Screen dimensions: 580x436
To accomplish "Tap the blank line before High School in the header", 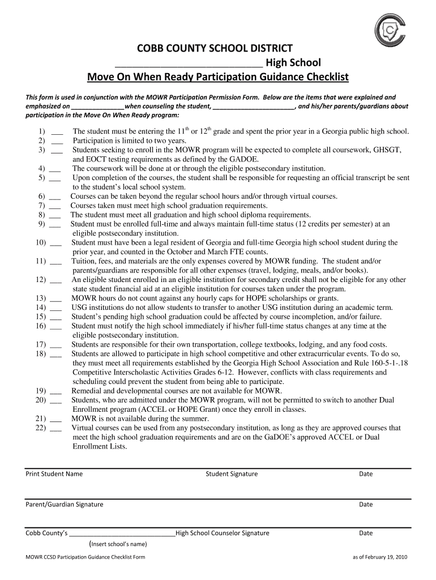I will click(189, 63).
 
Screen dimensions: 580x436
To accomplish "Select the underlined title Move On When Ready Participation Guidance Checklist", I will click(217, 76).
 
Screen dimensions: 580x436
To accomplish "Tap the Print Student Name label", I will click(54, 474).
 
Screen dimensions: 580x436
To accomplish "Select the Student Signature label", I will click(231, 474).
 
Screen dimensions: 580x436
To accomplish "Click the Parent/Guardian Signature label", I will click(65, 505).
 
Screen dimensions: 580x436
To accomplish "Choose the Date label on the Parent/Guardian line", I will click(366, 505).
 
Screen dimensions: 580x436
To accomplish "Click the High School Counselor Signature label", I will click(223, 533).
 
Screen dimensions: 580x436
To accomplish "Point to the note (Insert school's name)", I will click(118, 544).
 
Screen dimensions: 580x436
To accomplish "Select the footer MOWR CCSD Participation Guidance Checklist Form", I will click(86, 557).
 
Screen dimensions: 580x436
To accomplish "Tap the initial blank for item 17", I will click(55, 345).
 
